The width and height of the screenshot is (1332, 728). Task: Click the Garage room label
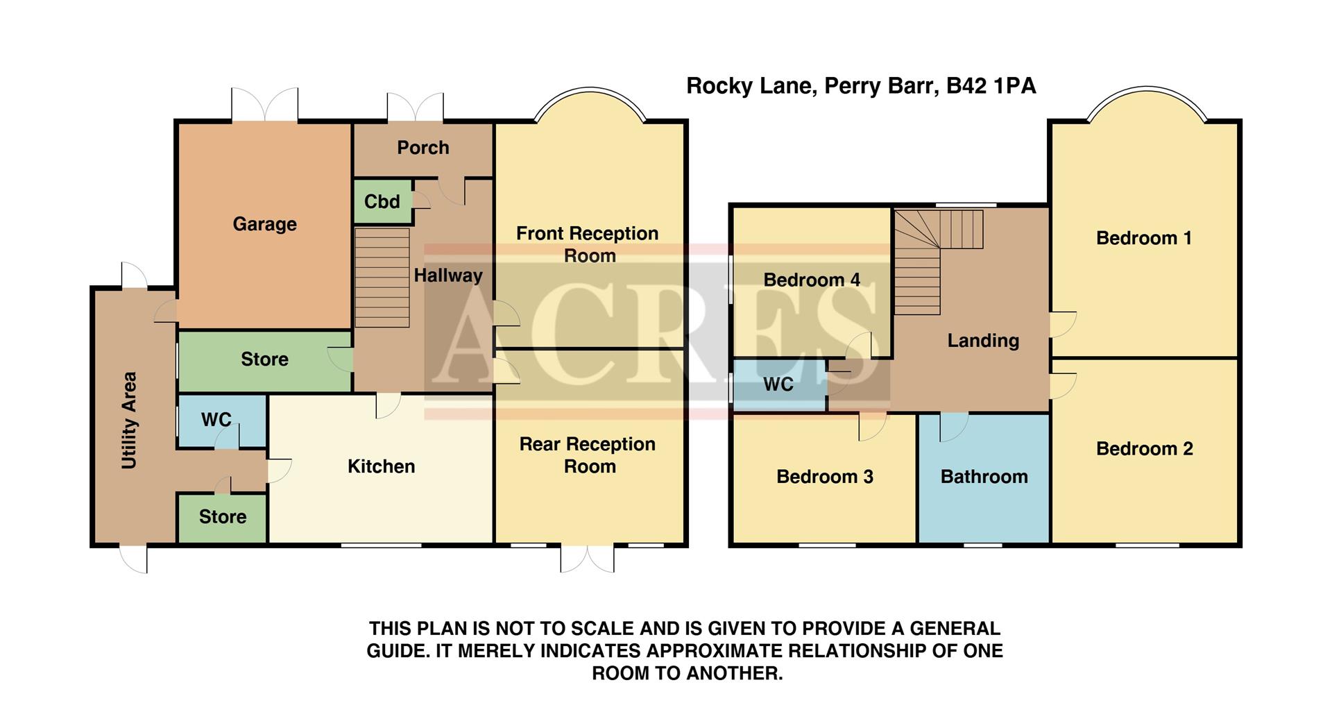coord(264,223)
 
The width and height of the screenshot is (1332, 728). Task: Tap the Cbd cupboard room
coord(382,202)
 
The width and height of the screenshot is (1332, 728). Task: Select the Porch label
coord(422,147)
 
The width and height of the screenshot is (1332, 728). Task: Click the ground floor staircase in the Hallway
coord(382,278)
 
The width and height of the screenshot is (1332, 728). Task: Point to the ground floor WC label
coord(216,419)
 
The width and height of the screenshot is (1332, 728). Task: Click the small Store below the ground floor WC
coord(222,517)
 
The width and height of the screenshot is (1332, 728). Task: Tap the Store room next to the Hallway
coord(264,359)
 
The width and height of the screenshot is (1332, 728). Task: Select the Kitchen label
coord(381,466)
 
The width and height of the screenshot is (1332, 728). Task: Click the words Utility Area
coord(129,421)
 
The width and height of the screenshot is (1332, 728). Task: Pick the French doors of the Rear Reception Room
coord(587,558)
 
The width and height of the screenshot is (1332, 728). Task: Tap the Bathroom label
coord(984,477)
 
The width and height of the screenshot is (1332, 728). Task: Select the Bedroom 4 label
coord(811,280)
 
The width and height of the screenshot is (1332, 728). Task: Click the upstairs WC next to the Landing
coord(778,384)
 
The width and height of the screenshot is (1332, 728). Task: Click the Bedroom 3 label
coord(824,477)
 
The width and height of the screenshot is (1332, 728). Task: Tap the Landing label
coord(983,340)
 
